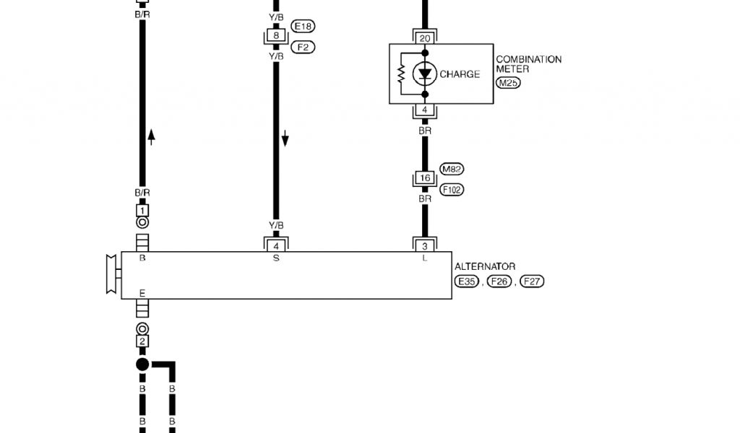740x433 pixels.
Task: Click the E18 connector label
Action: tap(304, 27)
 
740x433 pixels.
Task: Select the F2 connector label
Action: tap(303, 47)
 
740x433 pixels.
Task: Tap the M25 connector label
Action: tap(508, 84)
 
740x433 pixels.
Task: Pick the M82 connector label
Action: tap(452, 170)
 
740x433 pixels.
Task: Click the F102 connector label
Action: tap(452, 189)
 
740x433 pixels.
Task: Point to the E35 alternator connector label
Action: tap(466, 281)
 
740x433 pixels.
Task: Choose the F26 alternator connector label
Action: tap(499, 281)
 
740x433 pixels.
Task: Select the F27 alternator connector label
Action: tap(532, 281)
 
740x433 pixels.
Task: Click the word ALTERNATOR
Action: tap(485, 267)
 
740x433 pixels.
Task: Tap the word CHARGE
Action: tap(460, 74)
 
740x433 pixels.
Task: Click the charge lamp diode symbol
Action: tap(424, 74)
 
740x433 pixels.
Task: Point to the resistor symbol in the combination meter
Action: tap(401, 74)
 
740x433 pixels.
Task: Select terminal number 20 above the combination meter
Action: tap(424, 38)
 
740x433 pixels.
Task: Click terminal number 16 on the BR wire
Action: tap(424, 178)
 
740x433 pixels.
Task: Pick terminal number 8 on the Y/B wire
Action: tap(275, 35)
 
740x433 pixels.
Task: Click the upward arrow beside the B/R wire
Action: tap(151, 136)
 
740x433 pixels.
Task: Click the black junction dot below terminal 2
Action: tap(142, 364)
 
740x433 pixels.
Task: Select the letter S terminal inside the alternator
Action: tap(275, 258)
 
